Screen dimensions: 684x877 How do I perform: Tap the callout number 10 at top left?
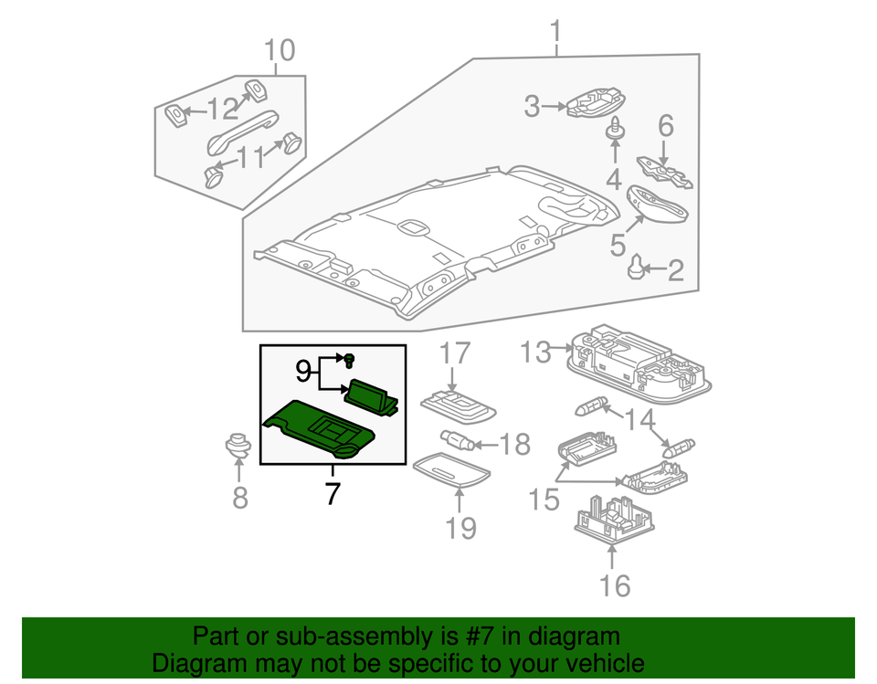(x=280, y=50)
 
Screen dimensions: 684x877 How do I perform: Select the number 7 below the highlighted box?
(x=332, y=494)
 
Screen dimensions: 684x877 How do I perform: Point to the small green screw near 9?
(x=349, y=359)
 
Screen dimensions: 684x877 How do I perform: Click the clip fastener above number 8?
(x=238, y=447)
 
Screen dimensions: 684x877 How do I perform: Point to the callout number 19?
(x=461, y=527)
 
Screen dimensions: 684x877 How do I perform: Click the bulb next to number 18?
(x=458, y=441)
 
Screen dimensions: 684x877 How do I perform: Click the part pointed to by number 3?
(x=595, y=104)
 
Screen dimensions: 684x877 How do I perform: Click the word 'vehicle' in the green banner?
(x=598, y=663)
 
